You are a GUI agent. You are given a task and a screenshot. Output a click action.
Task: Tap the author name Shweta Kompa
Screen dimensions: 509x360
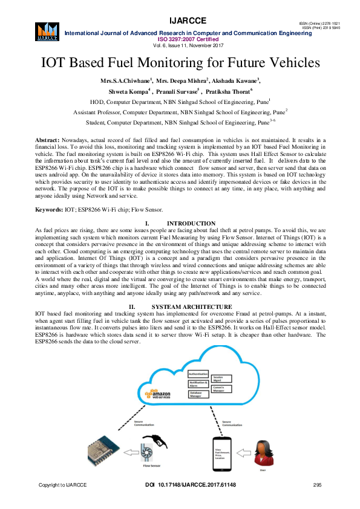127,91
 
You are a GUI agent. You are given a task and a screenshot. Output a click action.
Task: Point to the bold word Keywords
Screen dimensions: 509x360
49,209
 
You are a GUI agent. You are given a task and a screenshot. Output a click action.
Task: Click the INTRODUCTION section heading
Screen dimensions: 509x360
191,224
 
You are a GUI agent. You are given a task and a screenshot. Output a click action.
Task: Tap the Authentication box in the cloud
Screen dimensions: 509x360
198,374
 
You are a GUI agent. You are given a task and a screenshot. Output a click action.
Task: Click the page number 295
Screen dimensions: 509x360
317,485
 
